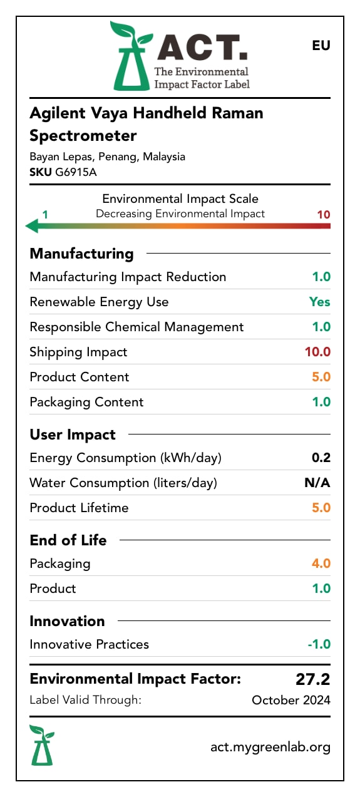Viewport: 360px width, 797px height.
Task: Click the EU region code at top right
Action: pos(321,46)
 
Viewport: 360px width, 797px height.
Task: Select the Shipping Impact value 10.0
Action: pos(317,352)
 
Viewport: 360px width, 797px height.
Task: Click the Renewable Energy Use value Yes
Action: pos(319,302)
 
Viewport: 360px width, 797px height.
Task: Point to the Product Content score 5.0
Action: pos(321,377)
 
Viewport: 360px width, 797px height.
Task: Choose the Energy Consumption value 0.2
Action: pos(321,458)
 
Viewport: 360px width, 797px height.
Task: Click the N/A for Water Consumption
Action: pos(317,483)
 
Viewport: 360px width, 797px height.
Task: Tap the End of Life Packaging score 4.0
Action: pos(321,563)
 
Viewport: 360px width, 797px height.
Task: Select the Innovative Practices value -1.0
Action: pos(319,644)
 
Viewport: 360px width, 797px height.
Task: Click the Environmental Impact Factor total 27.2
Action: pos(312,679)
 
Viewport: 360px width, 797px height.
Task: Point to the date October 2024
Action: pos(291,701)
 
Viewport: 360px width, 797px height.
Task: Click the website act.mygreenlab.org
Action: pos(270,747)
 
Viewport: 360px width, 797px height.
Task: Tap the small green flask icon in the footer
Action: pos(42,746)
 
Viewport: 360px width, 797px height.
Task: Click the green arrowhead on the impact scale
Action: pos(31,226)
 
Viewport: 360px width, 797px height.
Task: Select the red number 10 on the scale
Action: pos(323,215)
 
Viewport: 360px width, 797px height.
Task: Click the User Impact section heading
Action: pos(73,434)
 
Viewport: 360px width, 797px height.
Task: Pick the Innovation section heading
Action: pos(67,621)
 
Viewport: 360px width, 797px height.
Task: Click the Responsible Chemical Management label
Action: pos(136,327)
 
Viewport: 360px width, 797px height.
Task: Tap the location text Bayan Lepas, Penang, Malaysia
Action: pos(107,157)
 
